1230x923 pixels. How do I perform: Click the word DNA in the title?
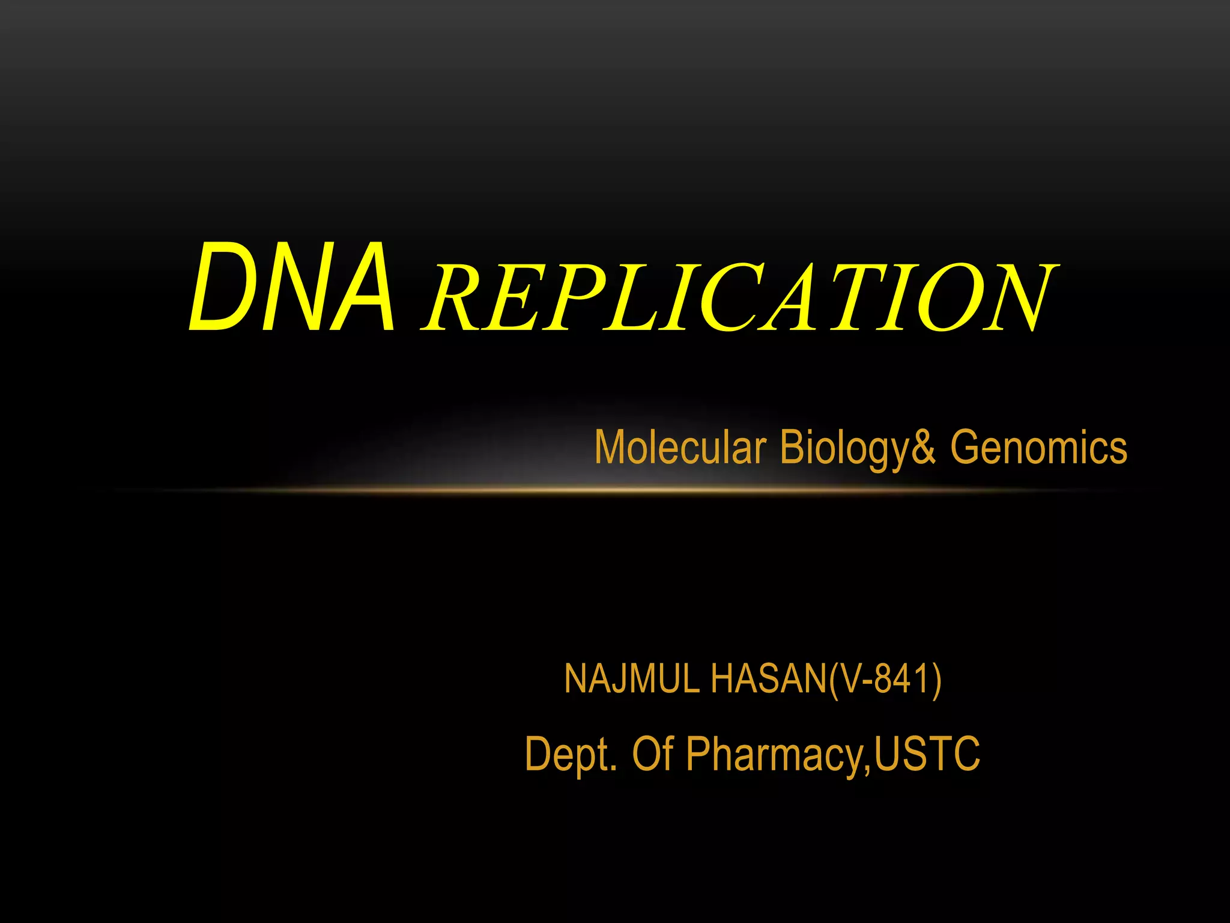click(x=292, y=287)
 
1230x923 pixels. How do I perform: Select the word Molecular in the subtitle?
click(x=680, y=448)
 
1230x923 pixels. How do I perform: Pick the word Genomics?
click(x=1038, y=448)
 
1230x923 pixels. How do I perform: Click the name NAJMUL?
click(x=632, y=679)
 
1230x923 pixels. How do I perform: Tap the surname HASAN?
click(x=769, y=679)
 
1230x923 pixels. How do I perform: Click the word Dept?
click(x=570, y=754)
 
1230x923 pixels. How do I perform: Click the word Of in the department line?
click(x=652, y=754)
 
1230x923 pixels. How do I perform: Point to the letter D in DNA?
click(x=219, y=287)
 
